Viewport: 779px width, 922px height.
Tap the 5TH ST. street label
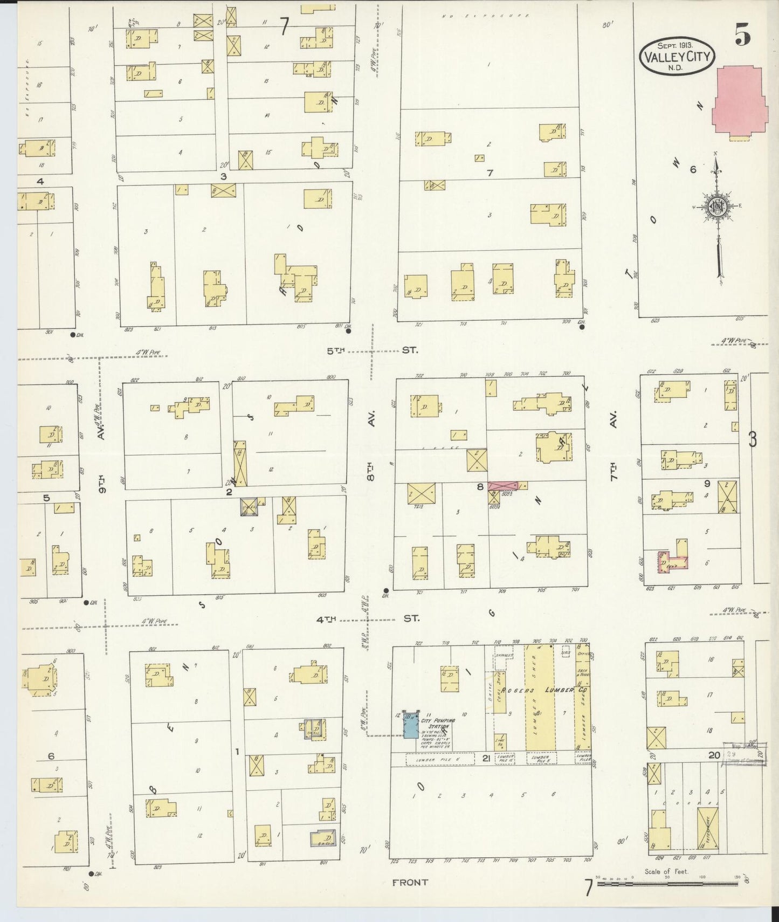pyautogui.click(x=372, y=350)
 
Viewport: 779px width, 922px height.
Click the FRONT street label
pyautogui.click(x=410, y=882)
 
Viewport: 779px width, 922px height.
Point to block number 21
pyautogui.click(x=486, y=758)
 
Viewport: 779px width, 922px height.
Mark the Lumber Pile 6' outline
pyautogui.click(x=439, y=759)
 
